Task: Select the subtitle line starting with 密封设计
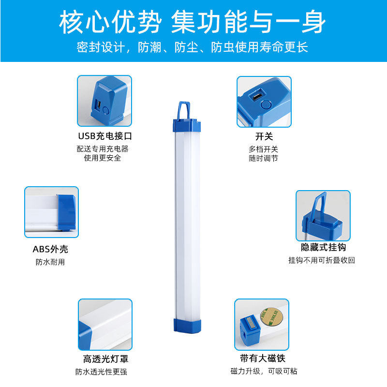point(193,47)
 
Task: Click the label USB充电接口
point(105,136)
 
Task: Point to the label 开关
point(264,137)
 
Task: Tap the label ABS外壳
point(50,250)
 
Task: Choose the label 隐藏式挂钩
point(323,248)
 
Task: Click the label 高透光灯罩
point(105,359)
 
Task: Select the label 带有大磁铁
point(263,359)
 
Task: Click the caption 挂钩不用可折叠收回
point(322,260)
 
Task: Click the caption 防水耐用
point(50,262)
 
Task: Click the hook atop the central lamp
point(185,110)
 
